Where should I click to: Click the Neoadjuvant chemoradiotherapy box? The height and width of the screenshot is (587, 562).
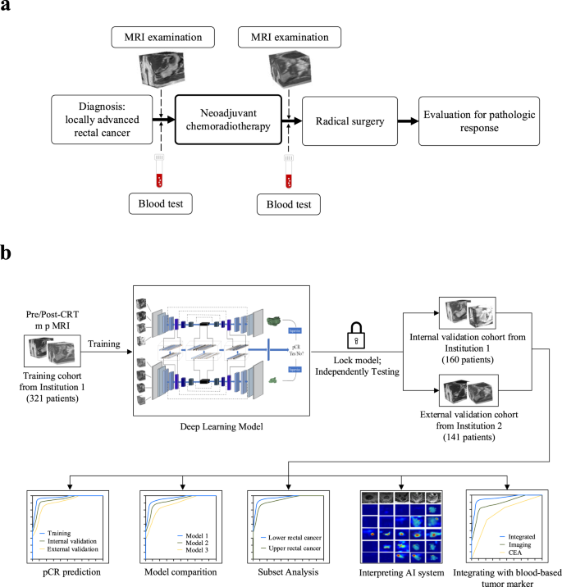(x=229, y=121)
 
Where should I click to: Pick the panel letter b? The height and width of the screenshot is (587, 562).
(x=10, y=253)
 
